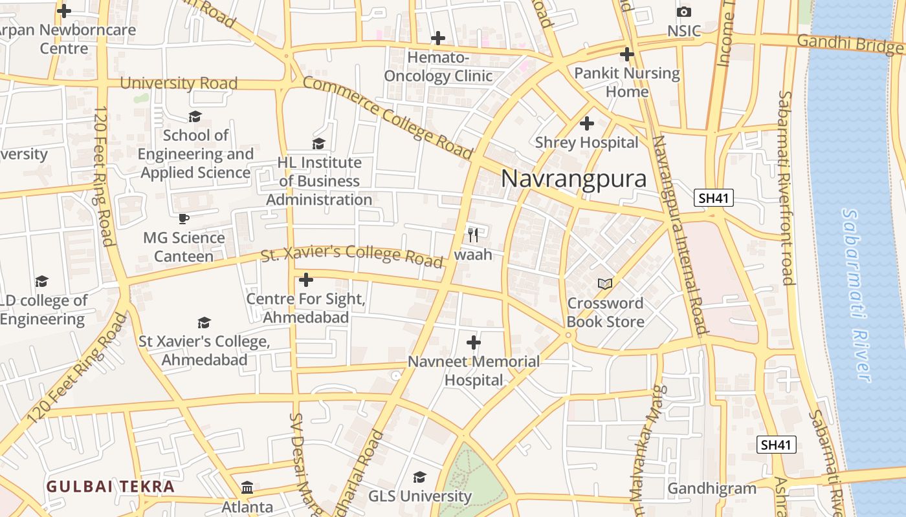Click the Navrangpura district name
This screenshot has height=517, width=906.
573,178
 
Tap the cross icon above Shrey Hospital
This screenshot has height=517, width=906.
587,123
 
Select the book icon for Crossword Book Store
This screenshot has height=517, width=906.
605,284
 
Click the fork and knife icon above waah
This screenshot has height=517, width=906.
473,235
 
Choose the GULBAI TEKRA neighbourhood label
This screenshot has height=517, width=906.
111,487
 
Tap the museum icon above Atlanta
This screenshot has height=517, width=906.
247,487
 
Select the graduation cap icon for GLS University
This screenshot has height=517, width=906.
419,478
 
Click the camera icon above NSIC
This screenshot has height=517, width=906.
684,12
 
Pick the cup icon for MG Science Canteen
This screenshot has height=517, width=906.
184,218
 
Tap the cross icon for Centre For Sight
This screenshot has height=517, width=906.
306,280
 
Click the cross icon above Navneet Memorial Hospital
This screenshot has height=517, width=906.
474,342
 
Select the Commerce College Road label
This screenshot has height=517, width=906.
387,117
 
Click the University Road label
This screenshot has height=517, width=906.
179,83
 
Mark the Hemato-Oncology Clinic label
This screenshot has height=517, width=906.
438,67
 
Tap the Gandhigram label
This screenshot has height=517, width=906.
712,488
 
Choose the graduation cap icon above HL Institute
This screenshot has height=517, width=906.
318,143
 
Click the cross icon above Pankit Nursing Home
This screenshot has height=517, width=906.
626,54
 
